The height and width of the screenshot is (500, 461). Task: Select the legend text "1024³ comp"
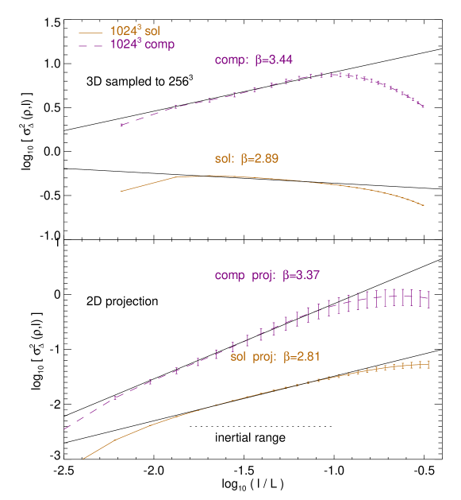click(142, 45)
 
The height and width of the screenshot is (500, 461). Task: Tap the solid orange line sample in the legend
click(91, 33)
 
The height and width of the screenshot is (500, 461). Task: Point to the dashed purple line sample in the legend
click(91, 45)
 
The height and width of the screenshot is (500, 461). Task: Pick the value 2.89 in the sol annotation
click(265, 159)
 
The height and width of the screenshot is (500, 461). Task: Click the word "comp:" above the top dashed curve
click(231, 60)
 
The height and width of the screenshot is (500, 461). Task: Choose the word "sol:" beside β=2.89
click(224, 159)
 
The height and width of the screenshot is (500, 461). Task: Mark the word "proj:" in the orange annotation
click(263, 357)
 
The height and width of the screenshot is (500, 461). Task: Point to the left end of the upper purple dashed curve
click(120, 125)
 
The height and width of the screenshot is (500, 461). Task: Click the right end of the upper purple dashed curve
click(424, 107)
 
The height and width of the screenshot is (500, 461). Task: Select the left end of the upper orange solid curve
click(120, 191)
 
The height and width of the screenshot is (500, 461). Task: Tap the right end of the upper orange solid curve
click(424, 205)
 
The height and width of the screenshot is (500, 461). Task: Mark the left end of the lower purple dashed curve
click(64, 430)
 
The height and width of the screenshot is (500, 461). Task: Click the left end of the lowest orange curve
click(83, 459)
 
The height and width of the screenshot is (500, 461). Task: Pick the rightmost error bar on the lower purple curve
click(428, 299)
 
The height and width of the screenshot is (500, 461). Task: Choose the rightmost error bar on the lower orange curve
click(428, 364)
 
